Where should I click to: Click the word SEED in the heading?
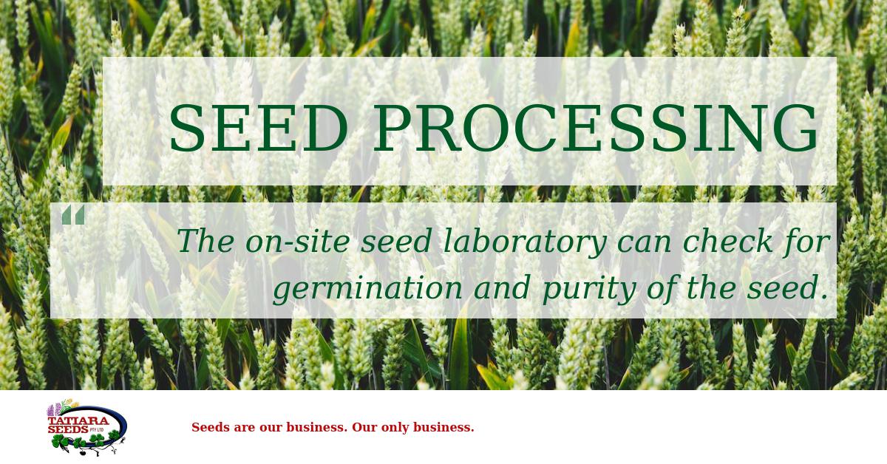point(259,129)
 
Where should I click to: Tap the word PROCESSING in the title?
point(596,129)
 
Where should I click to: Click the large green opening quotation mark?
point(73,215)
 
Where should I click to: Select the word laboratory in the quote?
point(526,242)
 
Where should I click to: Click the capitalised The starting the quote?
point(206,242)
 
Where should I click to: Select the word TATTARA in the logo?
point(78,421)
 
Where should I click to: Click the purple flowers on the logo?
point(54,410)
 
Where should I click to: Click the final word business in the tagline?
point(443,427)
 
